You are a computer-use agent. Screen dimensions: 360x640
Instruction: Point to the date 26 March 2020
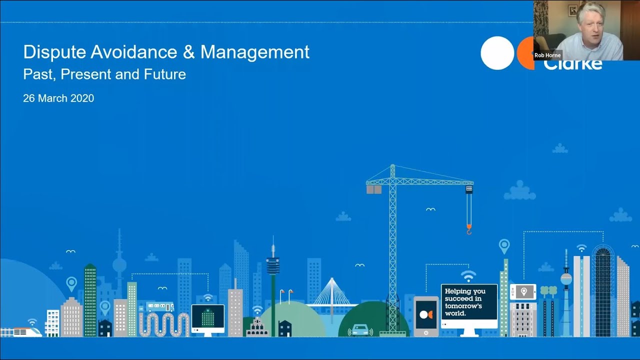(x=58, y=98)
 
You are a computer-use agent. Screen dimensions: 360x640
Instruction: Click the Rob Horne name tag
(x=547, y=55)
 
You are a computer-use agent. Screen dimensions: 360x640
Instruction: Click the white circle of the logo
(x=497, y=53)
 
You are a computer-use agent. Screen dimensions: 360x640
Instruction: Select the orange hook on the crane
(x=469, y=229)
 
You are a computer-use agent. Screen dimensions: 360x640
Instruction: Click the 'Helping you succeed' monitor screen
(x=469, y=302)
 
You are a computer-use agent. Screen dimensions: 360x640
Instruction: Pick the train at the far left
(x=22, y=332)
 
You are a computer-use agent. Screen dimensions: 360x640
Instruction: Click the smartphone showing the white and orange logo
(x=426, y=314)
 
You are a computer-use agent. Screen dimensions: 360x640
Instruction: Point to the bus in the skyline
(x=160, y=306)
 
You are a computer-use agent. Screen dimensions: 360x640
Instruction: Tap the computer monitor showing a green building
(x=208, y=317)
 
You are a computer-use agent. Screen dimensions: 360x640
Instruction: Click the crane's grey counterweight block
(x=373, y=189)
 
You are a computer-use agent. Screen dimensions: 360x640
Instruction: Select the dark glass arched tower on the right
(x=603, y=290)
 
